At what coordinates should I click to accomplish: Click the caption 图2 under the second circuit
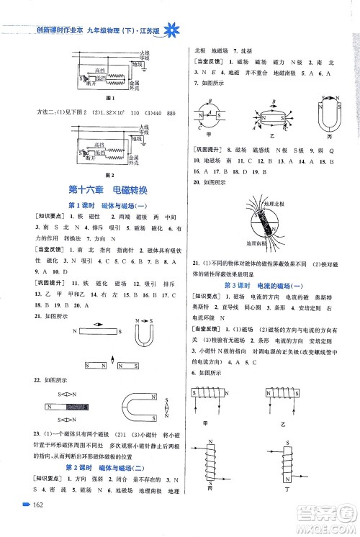tap(110, 174)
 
